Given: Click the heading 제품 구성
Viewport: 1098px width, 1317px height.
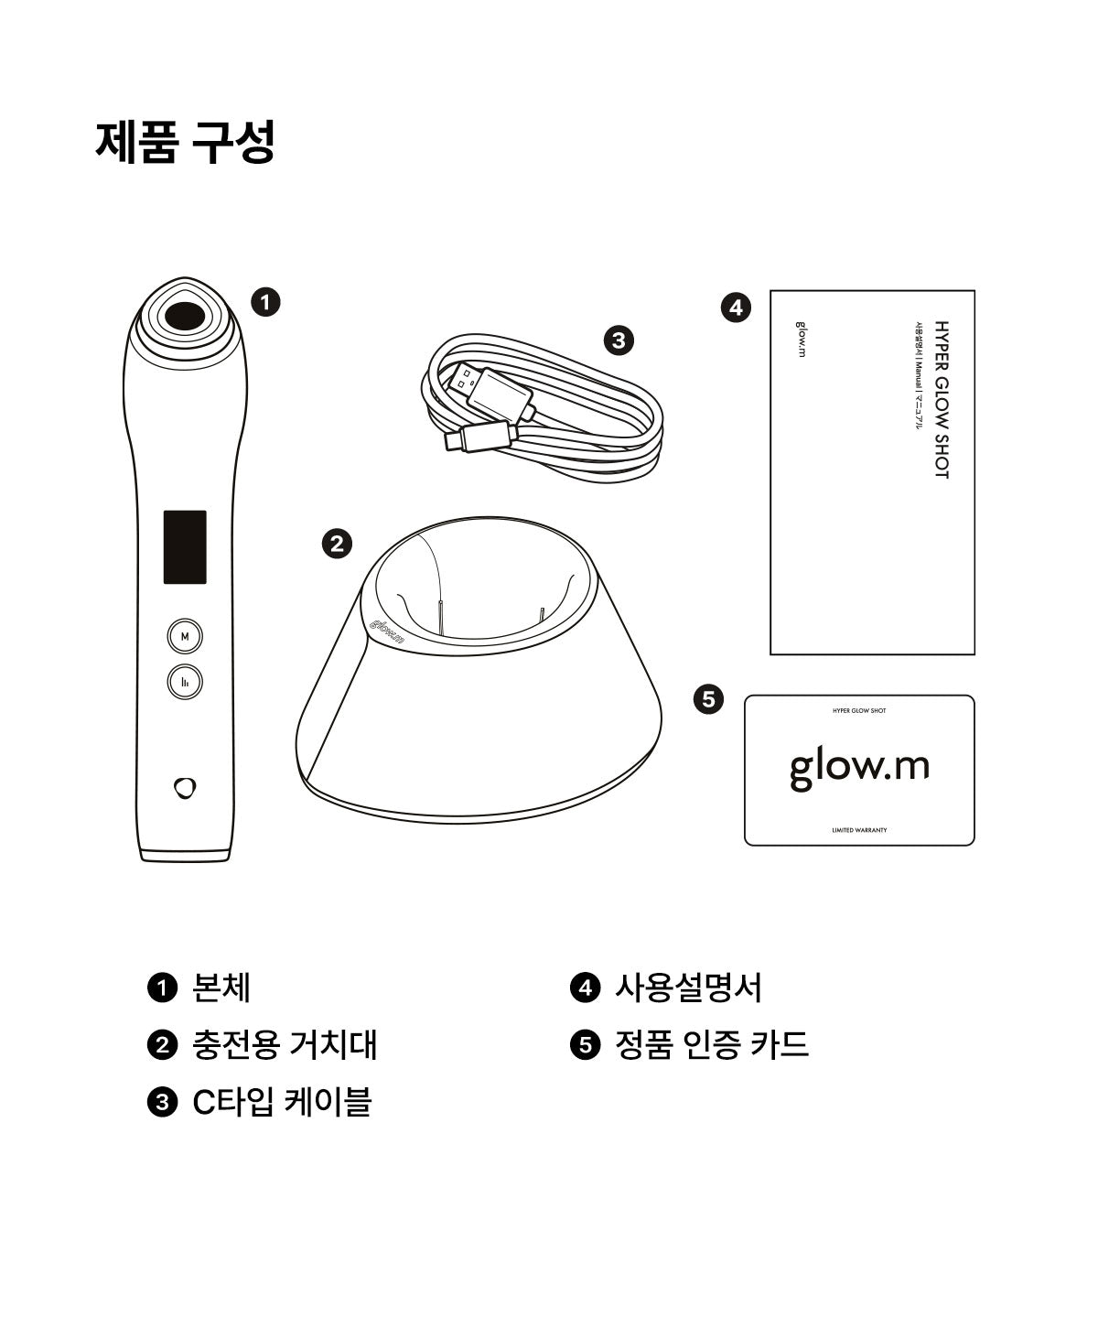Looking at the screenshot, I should [x=185, y=142].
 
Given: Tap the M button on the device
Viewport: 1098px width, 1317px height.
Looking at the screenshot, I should [x=185, y=635].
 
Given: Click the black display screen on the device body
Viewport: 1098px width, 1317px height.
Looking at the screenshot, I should [x=185, y=546].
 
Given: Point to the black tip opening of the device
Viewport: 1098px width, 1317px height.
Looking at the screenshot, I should [x=186, y=316].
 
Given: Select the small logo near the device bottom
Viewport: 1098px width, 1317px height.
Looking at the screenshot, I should [x=185, y=788].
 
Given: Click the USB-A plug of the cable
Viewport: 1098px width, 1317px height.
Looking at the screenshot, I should [x=485, y=387].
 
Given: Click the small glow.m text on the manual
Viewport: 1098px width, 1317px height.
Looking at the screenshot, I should [x=802, y=339].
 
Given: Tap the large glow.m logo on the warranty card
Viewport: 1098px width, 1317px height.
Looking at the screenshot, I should [x=858, y=767].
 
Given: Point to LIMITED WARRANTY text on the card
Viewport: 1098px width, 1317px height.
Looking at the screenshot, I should [x=858, y=830].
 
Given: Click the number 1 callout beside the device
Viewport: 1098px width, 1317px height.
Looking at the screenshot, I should [x=265, y=301].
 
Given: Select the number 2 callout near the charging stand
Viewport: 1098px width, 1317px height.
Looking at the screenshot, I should [x=337, y=544].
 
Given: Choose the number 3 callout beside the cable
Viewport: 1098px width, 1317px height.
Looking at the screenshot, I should [x=619, y=340].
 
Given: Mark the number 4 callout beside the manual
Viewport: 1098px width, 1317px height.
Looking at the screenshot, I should [x=736, y=307].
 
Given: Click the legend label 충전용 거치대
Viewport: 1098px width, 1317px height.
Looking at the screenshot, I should [x=285, y=1044].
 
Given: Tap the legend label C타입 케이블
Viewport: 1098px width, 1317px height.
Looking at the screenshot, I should [x=282, y=1102].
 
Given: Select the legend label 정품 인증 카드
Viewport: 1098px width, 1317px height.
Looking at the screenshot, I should [x=712, y=1044].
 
